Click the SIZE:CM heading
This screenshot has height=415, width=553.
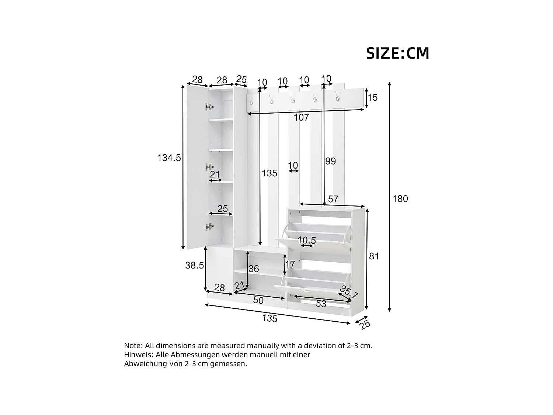click(x=397, y=53)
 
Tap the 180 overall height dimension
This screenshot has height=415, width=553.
click(x=400, y=199)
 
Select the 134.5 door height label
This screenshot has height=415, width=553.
click(x=169, y=158)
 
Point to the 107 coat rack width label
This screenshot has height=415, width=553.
click(x=301, y=118)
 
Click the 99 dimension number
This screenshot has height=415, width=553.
click(x=331, y=161)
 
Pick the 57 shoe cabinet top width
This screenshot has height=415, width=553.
click(x=333, y=199)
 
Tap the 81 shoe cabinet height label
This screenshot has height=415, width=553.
click(x=374, y=256)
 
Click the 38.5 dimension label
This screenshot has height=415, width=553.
click(x=194, y=265)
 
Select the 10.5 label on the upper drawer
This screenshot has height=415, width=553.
click(x=307, y=241)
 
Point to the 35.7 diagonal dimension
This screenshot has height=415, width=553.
click(x=349, y=293)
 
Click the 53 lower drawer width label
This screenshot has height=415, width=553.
click(x=321, y=304)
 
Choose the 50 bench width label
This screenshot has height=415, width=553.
click(x=258, y=301)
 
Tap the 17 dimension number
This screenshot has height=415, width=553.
click(x=290, y=264)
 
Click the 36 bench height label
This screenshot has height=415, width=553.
click(x=254, y=269)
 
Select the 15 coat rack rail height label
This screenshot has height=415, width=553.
click(x=373, y=98)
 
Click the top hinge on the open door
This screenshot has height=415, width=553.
click(x=209, y=107)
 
